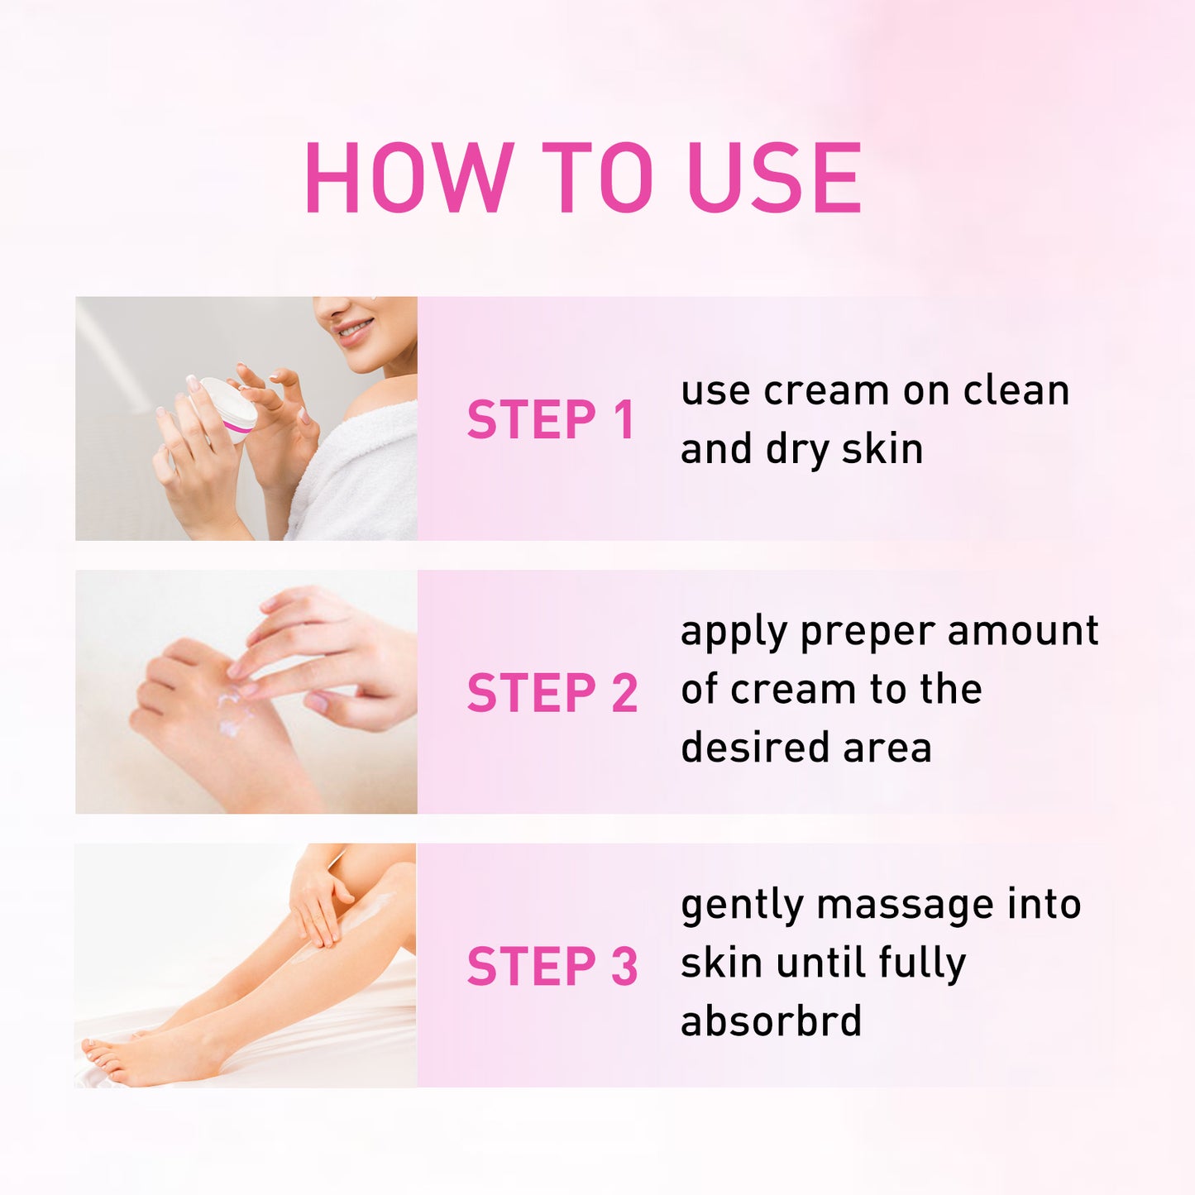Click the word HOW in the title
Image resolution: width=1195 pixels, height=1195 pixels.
(409, 178)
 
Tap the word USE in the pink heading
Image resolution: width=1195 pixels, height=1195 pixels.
(774, 178)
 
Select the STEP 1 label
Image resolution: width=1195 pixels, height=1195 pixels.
(551, 419)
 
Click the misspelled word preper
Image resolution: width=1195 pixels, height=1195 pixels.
(868, 633)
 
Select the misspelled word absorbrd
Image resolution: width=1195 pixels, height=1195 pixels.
(771, 1021)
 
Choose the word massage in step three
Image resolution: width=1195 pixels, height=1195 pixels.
(904, 904)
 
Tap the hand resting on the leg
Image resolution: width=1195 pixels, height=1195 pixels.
(319, 906)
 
